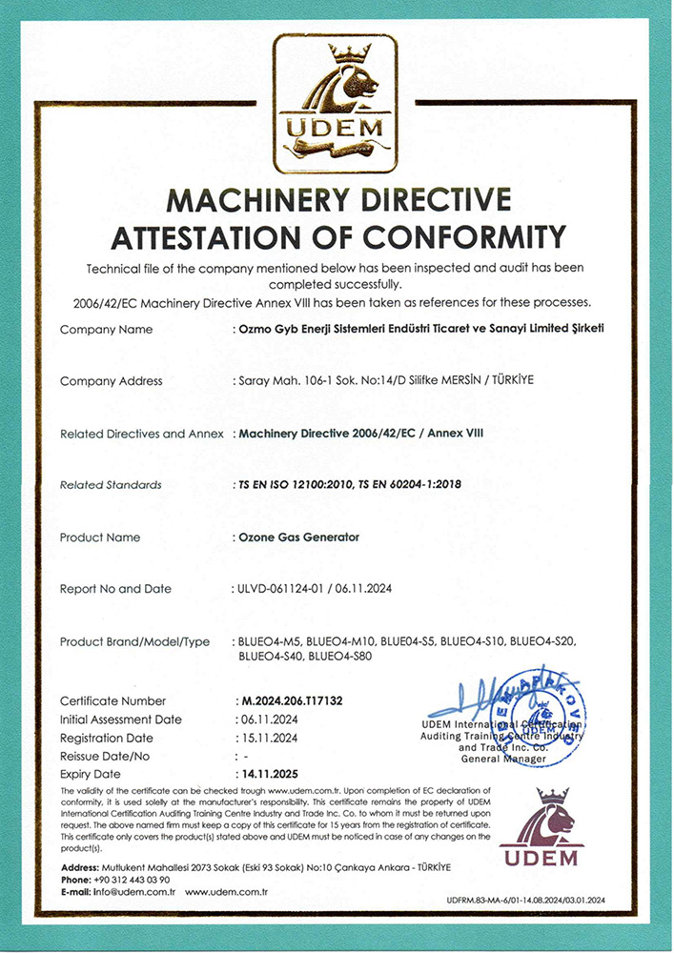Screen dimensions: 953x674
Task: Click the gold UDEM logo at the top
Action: click(x=336, y=103)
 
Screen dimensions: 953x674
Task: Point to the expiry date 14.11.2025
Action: click(x=266, y=774)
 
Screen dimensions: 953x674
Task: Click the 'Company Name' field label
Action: click(x=106, y=330)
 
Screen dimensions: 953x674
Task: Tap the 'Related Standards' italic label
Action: click(x=111, y=485)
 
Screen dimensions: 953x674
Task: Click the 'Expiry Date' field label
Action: click(x=91, y=774)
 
